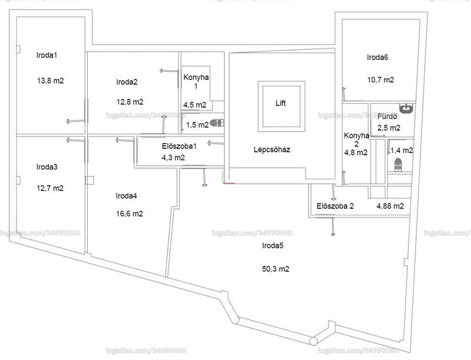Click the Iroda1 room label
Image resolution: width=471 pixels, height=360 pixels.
tap(47, 55)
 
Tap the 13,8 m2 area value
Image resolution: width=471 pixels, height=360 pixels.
tap(51, 81)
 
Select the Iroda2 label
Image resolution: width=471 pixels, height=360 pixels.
tap(127, 82)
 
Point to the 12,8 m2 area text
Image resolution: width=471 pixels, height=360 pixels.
tap(130, 102)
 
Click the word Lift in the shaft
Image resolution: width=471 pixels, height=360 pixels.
tap(281, 103)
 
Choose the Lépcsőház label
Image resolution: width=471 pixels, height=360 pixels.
tap(272, 149)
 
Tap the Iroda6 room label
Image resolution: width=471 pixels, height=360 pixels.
tap(377, 57)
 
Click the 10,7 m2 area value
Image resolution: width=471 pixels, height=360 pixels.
tap(380, 80)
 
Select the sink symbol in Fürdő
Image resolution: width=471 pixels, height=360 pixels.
tap(406, 108)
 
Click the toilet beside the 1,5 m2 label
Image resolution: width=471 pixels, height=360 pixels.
tap(217, 123)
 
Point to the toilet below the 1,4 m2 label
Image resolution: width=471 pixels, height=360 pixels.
tap(398, 165)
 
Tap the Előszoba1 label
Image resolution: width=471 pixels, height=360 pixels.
tap(179, 146)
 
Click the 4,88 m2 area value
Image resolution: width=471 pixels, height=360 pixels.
tap(390, 206)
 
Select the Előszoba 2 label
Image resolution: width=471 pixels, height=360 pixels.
tap(335, 206)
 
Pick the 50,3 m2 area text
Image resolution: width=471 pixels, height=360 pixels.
tap(276, 269)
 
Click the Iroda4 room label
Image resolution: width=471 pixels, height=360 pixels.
tap(126, 196)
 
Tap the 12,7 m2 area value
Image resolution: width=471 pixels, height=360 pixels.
tap(50, 188)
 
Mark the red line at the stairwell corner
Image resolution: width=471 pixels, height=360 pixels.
tap(230, 183)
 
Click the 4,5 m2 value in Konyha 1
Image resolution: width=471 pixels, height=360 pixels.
tap(195, 105)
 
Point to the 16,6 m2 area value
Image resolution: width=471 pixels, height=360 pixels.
tap(130, 214)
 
